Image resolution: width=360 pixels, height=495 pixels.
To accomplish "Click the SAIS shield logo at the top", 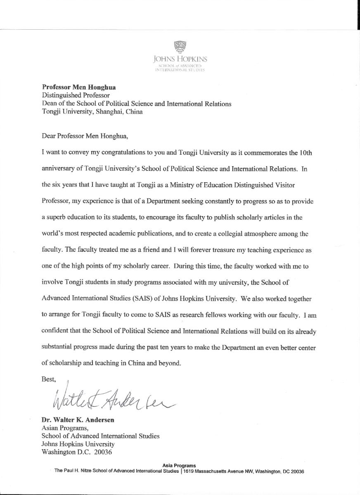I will [180, 47].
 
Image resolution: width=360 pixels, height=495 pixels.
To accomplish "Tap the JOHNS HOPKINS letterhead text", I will [180, 60].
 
